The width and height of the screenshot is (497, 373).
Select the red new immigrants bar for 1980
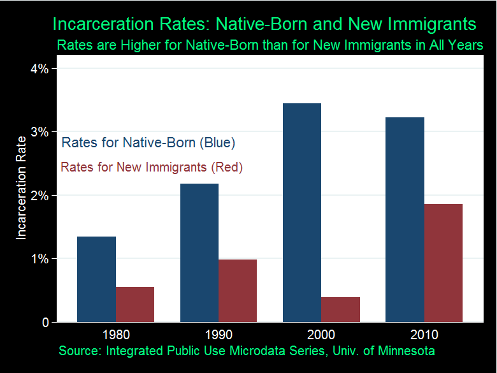click(135, 305)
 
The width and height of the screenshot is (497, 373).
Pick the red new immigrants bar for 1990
click(238, 291)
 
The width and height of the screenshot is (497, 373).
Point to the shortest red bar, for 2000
click(340, 310)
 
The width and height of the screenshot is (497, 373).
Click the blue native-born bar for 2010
click(405, 219)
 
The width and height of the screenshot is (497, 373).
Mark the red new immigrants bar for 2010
click(443, 263)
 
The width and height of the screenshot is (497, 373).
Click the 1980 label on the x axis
click(115, 335)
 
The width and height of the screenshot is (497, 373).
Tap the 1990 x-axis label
click(219, 335)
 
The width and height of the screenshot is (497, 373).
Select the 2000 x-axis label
click(321, 335)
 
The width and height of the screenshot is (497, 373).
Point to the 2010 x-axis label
click(424, 335)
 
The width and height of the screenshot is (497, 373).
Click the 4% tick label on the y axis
click(40, 68)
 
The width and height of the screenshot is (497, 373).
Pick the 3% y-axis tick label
click(40, 132)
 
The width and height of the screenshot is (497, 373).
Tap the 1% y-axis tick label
click(40, 259)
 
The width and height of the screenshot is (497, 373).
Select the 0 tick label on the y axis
click(45, 323)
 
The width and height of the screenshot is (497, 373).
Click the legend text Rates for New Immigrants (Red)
click(152, 168)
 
